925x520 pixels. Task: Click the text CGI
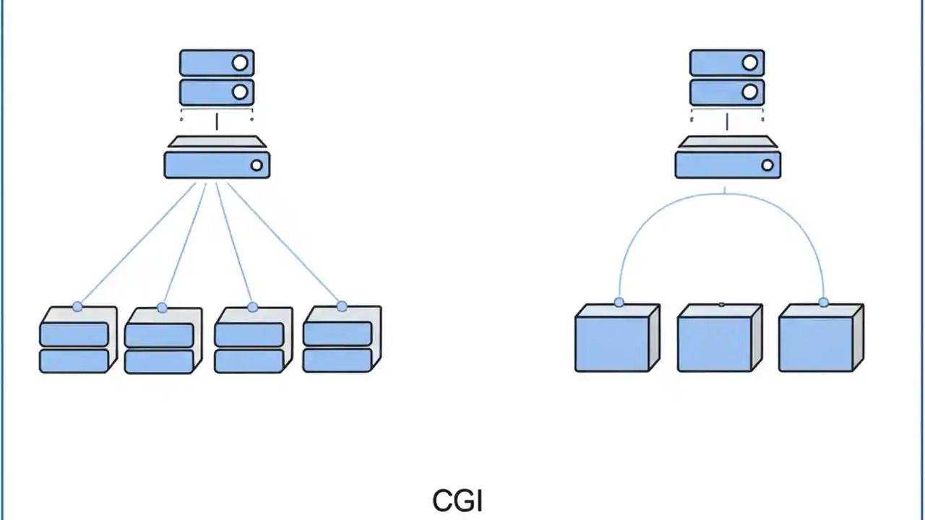click(457, 500)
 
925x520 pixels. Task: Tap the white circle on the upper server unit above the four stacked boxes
click(240, 63)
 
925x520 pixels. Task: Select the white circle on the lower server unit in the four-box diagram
click(240, 92)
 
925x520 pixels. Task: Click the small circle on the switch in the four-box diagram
click(257, 165)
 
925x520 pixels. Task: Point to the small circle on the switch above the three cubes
click(767, 165)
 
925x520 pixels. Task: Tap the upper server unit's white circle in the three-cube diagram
click(750, 63)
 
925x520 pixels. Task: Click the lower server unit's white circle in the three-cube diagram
click(750, 92)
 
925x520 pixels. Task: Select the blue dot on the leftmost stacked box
click(77, 306)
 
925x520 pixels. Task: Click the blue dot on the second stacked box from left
click(162, 308)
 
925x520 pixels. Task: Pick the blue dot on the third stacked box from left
click(252, 307)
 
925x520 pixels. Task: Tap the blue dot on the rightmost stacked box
click(342, 306)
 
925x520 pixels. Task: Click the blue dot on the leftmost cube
click(619, 302)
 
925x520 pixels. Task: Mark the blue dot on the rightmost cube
click(823, 302)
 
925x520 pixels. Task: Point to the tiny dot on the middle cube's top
click(721, 305)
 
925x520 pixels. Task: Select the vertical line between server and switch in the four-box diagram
click(217, 121)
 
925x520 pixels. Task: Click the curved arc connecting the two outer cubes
click(723, 194)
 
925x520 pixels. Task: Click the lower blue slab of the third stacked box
click(248, 361)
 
